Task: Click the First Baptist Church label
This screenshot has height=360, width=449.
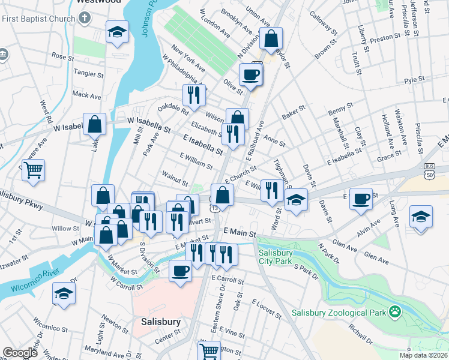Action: (x=37, y=19)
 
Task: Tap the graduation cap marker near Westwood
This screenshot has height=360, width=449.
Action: (x=118, y=32)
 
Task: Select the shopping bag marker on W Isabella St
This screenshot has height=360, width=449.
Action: (x=95, y=125)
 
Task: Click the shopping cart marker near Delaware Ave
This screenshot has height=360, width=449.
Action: (x=33, y=170)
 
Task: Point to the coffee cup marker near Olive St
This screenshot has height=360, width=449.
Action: (x=250, y=75)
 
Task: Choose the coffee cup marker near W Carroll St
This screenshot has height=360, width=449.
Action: (x=180, y=271)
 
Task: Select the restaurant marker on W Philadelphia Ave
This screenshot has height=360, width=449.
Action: (x=194, y=95)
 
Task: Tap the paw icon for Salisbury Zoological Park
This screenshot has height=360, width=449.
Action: (x=395, y=311)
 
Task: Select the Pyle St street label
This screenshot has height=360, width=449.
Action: (x=414, y=79)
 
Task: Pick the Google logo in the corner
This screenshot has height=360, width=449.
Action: (x=20, y=353)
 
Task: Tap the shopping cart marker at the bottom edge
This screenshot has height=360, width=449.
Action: (x=209, y=350)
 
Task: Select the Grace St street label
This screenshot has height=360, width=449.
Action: (x=389, y=155)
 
